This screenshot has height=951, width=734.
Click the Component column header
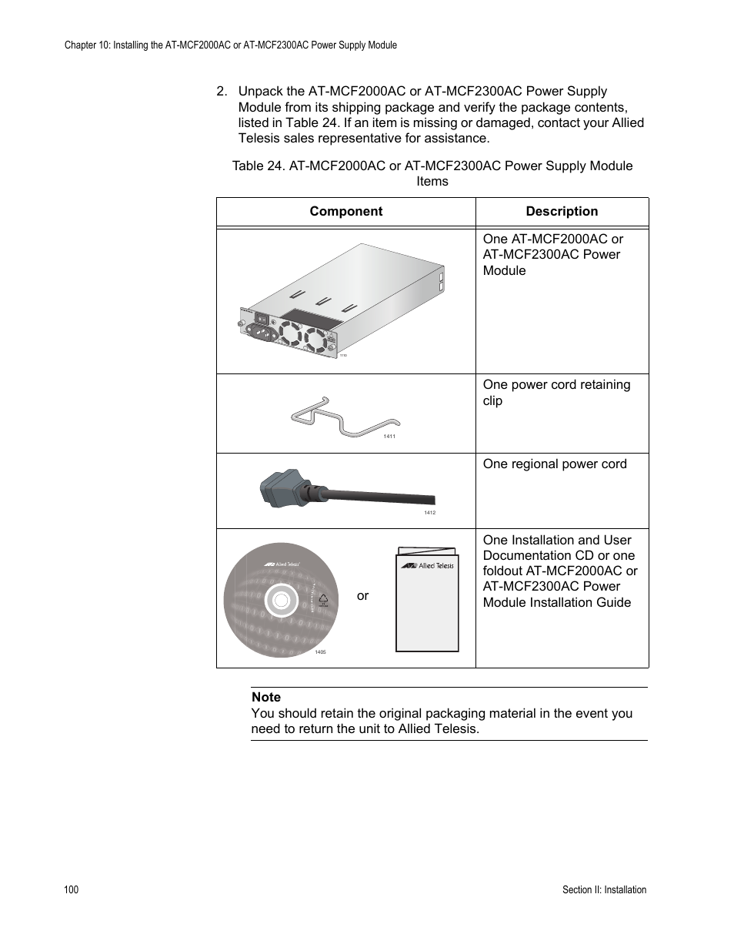pos(345,212)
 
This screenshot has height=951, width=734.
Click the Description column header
pos(562,212)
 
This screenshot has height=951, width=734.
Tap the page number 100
pos(71,889)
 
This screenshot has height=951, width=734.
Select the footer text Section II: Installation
pos(604,889)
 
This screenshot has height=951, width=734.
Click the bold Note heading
pos(266,697)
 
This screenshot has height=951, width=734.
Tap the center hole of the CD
pos(281,601)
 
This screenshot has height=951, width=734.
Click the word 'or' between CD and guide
pos(362,595)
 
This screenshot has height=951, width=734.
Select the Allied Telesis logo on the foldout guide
pos(427,565)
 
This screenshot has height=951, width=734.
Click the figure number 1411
pos(389,437)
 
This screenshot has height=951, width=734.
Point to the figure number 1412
pos(429,513)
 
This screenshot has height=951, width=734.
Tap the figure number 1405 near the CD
pos(320,652)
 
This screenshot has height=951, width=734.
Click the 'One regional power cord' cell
pos(555,464)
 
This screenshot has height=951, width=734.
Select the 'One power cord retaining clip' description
pos(556,393)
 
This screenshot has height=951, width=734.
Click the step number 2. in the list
pos(222,92)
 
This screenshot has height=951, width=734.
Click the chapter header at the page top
pos(231,45)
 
